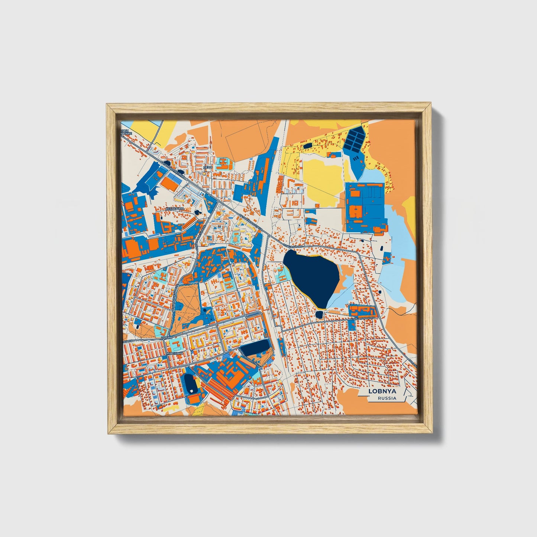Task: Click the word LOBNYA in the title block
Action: tap(378, 391)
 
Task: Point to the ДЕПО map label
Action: tap(208, 168)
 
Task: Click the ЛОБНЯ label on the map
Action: tap(168, 338)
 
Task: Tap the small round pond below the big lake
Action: tap(319, 315)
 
